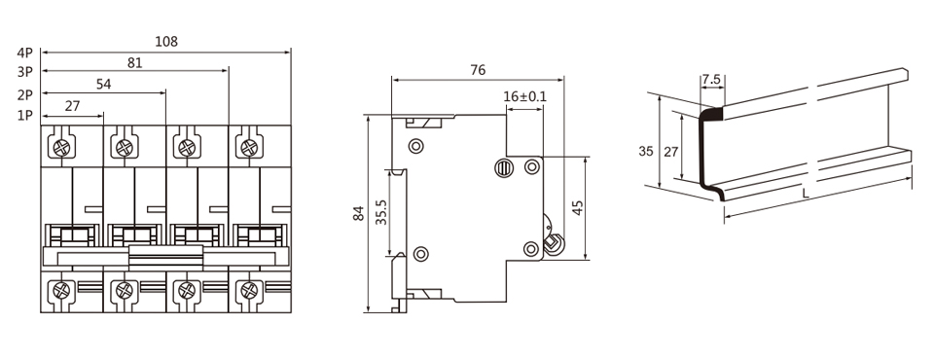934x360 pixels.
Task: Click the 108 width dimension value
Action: coord(166,42)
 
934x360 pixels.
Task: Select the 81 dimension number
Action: coord(135,63)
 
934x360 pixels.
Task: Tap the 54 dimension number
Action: coord(104,85)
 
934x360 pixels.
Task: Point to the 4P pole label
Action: coord(25,53)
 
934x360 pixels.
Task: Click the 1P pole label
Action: coord(25,116)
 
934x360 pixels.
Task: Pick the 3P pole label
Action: coord(25,73)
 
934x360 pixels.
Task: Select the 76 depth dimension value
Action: coord(478,70)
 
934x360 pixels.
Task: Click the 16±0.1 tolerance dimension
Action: coord(524,97)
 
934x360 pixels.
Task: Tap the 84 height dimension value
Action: coord(358,213)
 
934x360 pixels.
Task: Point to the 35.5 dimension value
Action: coord(381,211)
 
